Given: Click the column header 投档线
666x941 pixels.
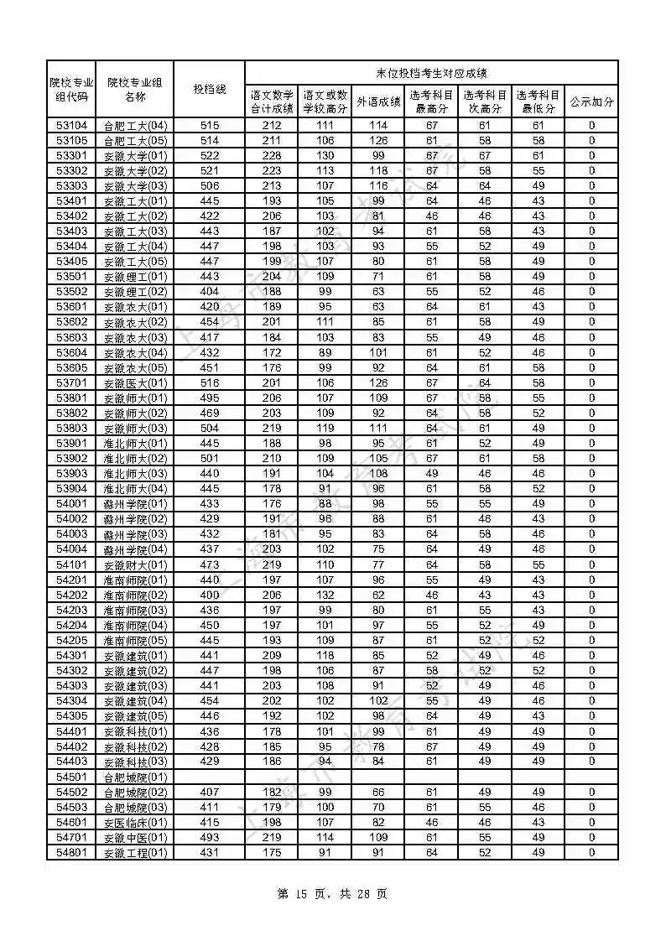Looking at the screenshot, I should pos(210,89).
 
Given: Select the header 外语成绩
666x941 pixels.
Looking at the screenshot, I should pos(378,102).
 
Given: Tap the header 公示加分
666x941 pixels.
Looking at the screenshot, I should pos(591,102).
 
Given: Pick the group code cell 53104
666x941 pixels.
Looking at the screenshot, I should pos(71,126).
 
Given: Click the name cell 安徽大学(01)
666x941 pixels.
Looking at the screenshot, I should pos(135,156).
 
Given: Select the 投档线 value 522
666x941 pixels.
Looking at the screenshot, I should pos(210,156).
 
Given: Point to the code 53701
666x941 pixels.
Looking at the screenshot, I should pos(71,383).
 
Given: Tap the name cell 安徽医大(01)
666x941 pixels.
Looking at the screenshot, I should pos(135,383).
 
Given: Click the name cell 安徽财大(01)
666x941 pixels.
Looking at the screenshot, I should pos(135,565).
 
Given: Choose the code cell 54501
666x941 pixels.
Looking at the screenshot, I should pos(71,777).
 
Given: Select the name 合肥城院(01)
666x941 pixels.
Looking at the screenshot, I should pos(135,777).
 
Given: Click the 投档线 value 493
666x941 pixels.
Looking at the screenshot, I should pos(210,838).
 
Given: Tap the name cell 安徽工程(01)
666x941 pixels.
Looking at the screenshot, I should pos(135,853).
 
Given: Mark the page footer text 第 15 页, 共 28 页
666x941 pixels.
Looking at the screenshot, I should pos(332,894).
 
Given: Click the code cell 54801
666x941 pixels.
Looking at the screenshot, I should pos(71,853).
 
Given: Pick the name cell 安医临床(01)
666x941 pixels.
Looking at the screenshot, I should pos(135,823).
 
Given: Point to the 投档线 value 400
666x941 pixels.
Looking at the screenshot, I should pos(210,595).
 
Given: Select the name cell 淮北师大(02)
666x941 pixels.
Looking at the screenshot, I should pos(135,459).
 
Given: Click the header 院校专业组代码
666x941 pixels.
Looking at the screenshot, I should pos(71,89).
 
